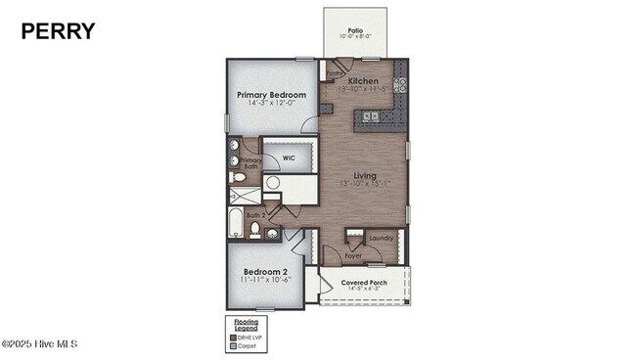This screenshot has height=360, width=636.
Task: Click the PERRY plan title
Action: (x=59, y=31)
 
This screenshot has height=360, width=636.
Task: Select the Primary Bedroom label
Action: (x=271, y=95)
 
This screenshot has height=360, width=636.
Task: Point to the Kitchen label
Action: (x=363, y=81)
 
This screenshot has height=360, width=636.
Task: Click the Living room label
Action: (x=364, y=175)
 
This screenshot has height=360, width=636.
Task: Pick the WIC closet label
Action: (x=289, y=157)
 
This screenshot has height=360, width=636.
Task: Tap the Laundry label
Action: (x=382, y=238)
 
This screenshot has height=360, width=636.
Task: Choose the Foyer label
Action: (x=353, y=255)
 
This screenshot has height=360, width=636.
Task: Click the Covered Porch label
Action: (x=364, y=283)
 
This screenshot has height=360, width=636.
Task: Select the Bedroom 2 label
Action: (x=264, y=271)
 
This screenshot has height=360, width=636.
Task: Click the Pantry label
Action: (x=334, y=72)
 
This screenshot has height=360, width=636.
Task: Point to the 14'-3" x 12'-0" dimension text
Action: (x=271, y=105)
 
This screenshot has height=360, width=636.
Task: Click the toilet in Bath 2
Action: (x=255, y=229)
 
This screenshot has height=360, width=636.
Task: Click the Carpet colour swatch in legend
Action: (x=232, y=345)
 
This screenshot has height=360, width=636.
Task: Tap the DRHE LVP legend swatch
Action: (x=232, y=337)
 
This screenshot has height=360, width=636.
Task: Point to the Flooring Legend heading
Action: (x=246, y=324)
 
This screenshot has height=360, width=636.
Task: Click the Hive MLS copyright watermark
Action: (x=39, y=343)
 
